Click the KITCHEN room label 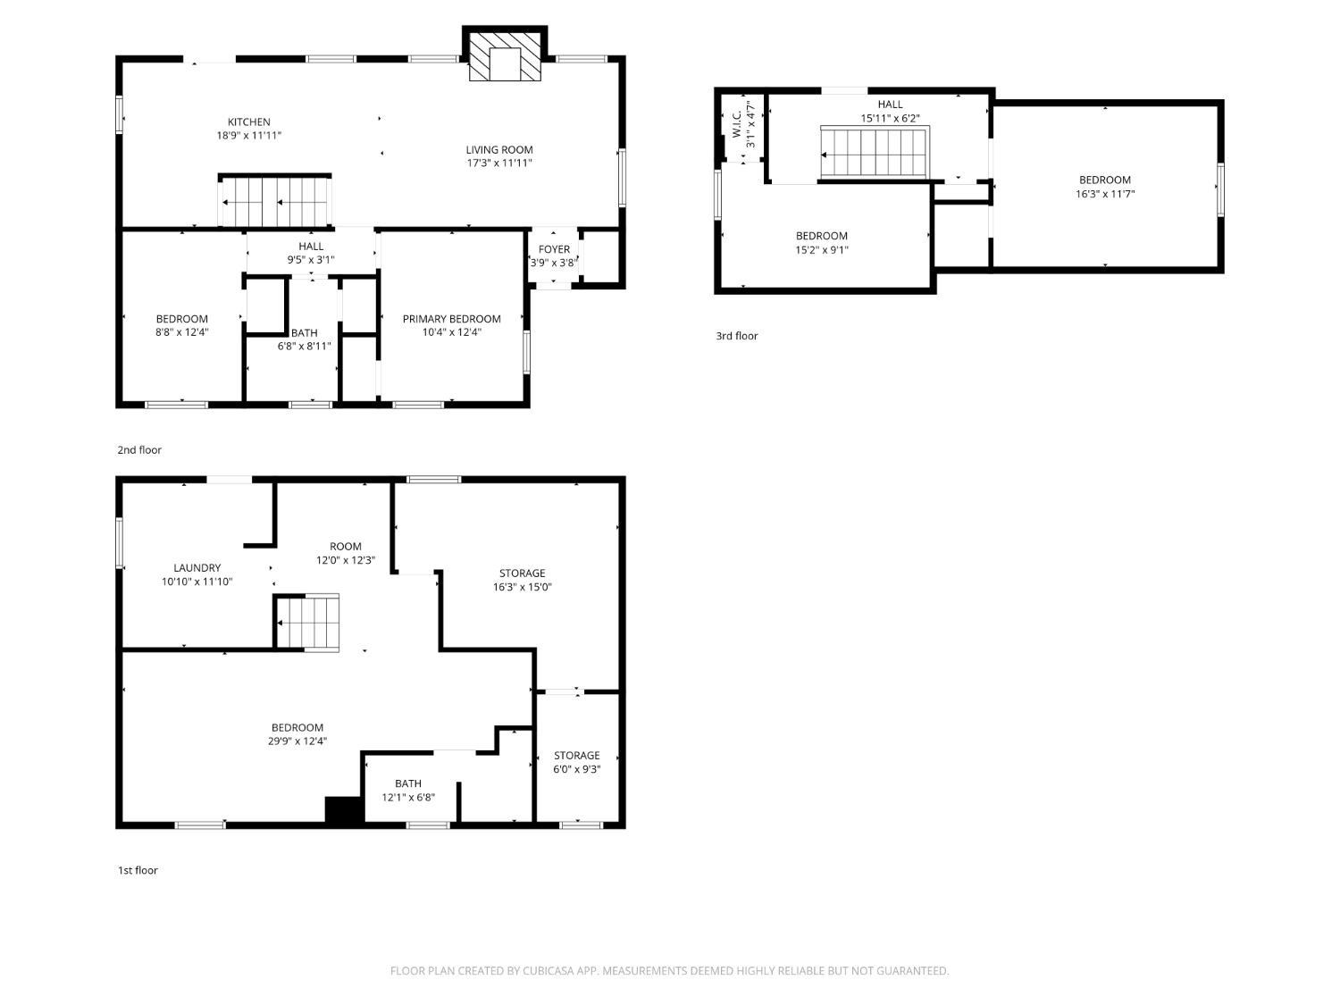(249, 122)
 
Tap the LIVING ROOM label (499, 149)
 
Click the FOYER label (555, 249)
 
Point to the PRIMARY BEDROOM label (452, 319)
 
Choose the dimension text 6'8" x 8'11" (304, 346)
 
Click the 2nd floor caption (139, 449)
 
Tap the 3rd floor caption (737, 336)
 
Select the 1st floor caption (138, 870)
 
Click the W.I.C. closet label (737, 123)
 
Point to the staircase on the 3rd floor (874, 153)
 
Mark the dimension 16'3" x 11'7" (1105, 194)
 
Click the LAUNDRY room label (197, 567)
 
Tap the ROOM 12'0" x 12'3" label (346, 553)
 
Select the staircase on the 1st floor (307, 623)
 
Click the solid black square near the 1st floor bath (344, 810)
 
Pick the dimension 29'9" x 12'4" (297, 741)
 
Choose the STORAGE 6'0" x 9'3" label (576, 762)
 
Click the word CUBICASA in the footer (549, 971)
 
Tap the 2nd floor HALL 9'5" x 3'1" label (311, 253)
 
